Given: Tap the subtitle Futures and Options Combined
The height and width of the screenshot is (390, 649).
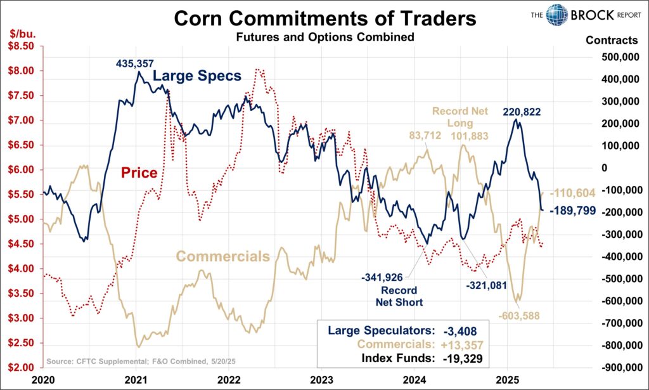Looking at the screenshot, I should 324,37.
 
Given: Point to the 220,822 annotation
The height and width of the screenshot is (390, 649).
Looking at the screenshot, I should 524,112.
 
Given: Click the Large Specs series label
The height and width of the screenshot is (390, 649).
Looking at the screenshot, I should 197,76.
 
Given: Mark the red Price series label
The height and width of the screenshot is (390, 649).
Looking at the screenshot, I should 139,172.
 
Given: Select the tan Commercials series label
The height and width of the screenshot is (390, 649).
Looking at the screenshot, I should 222,256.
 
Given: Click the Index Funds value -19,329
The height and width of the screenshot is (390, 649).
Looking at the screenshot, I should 455,358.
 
